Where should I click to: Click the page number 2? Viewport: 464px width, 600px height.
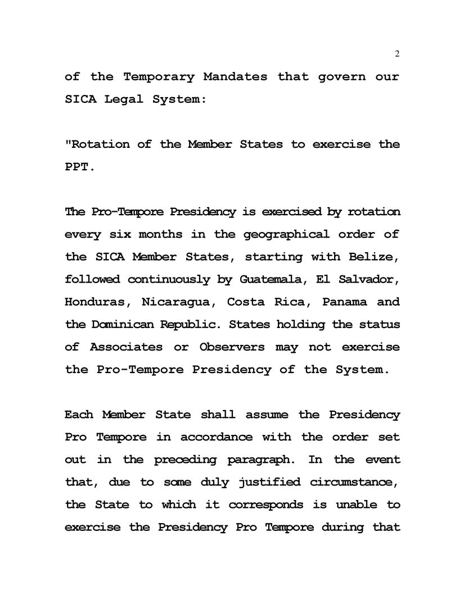click(397, 54)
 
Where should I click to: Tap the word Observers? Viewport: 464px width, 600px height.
click(232, 347)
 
